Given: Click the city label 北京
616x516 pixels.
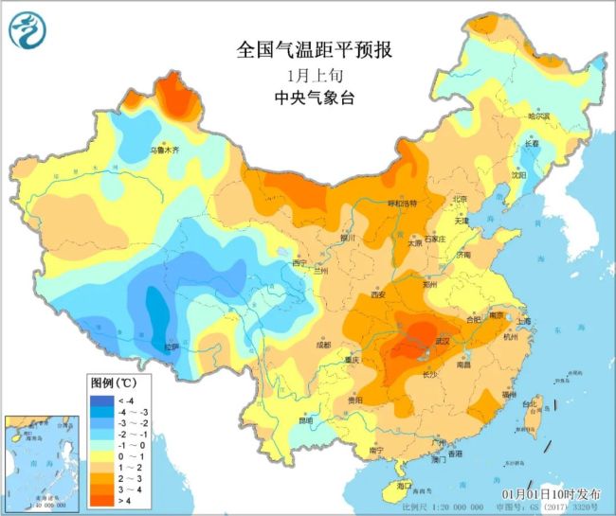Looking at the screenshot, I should point(460,199).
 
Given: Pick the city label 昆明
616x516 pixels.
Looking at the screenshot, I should point(305,420).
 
